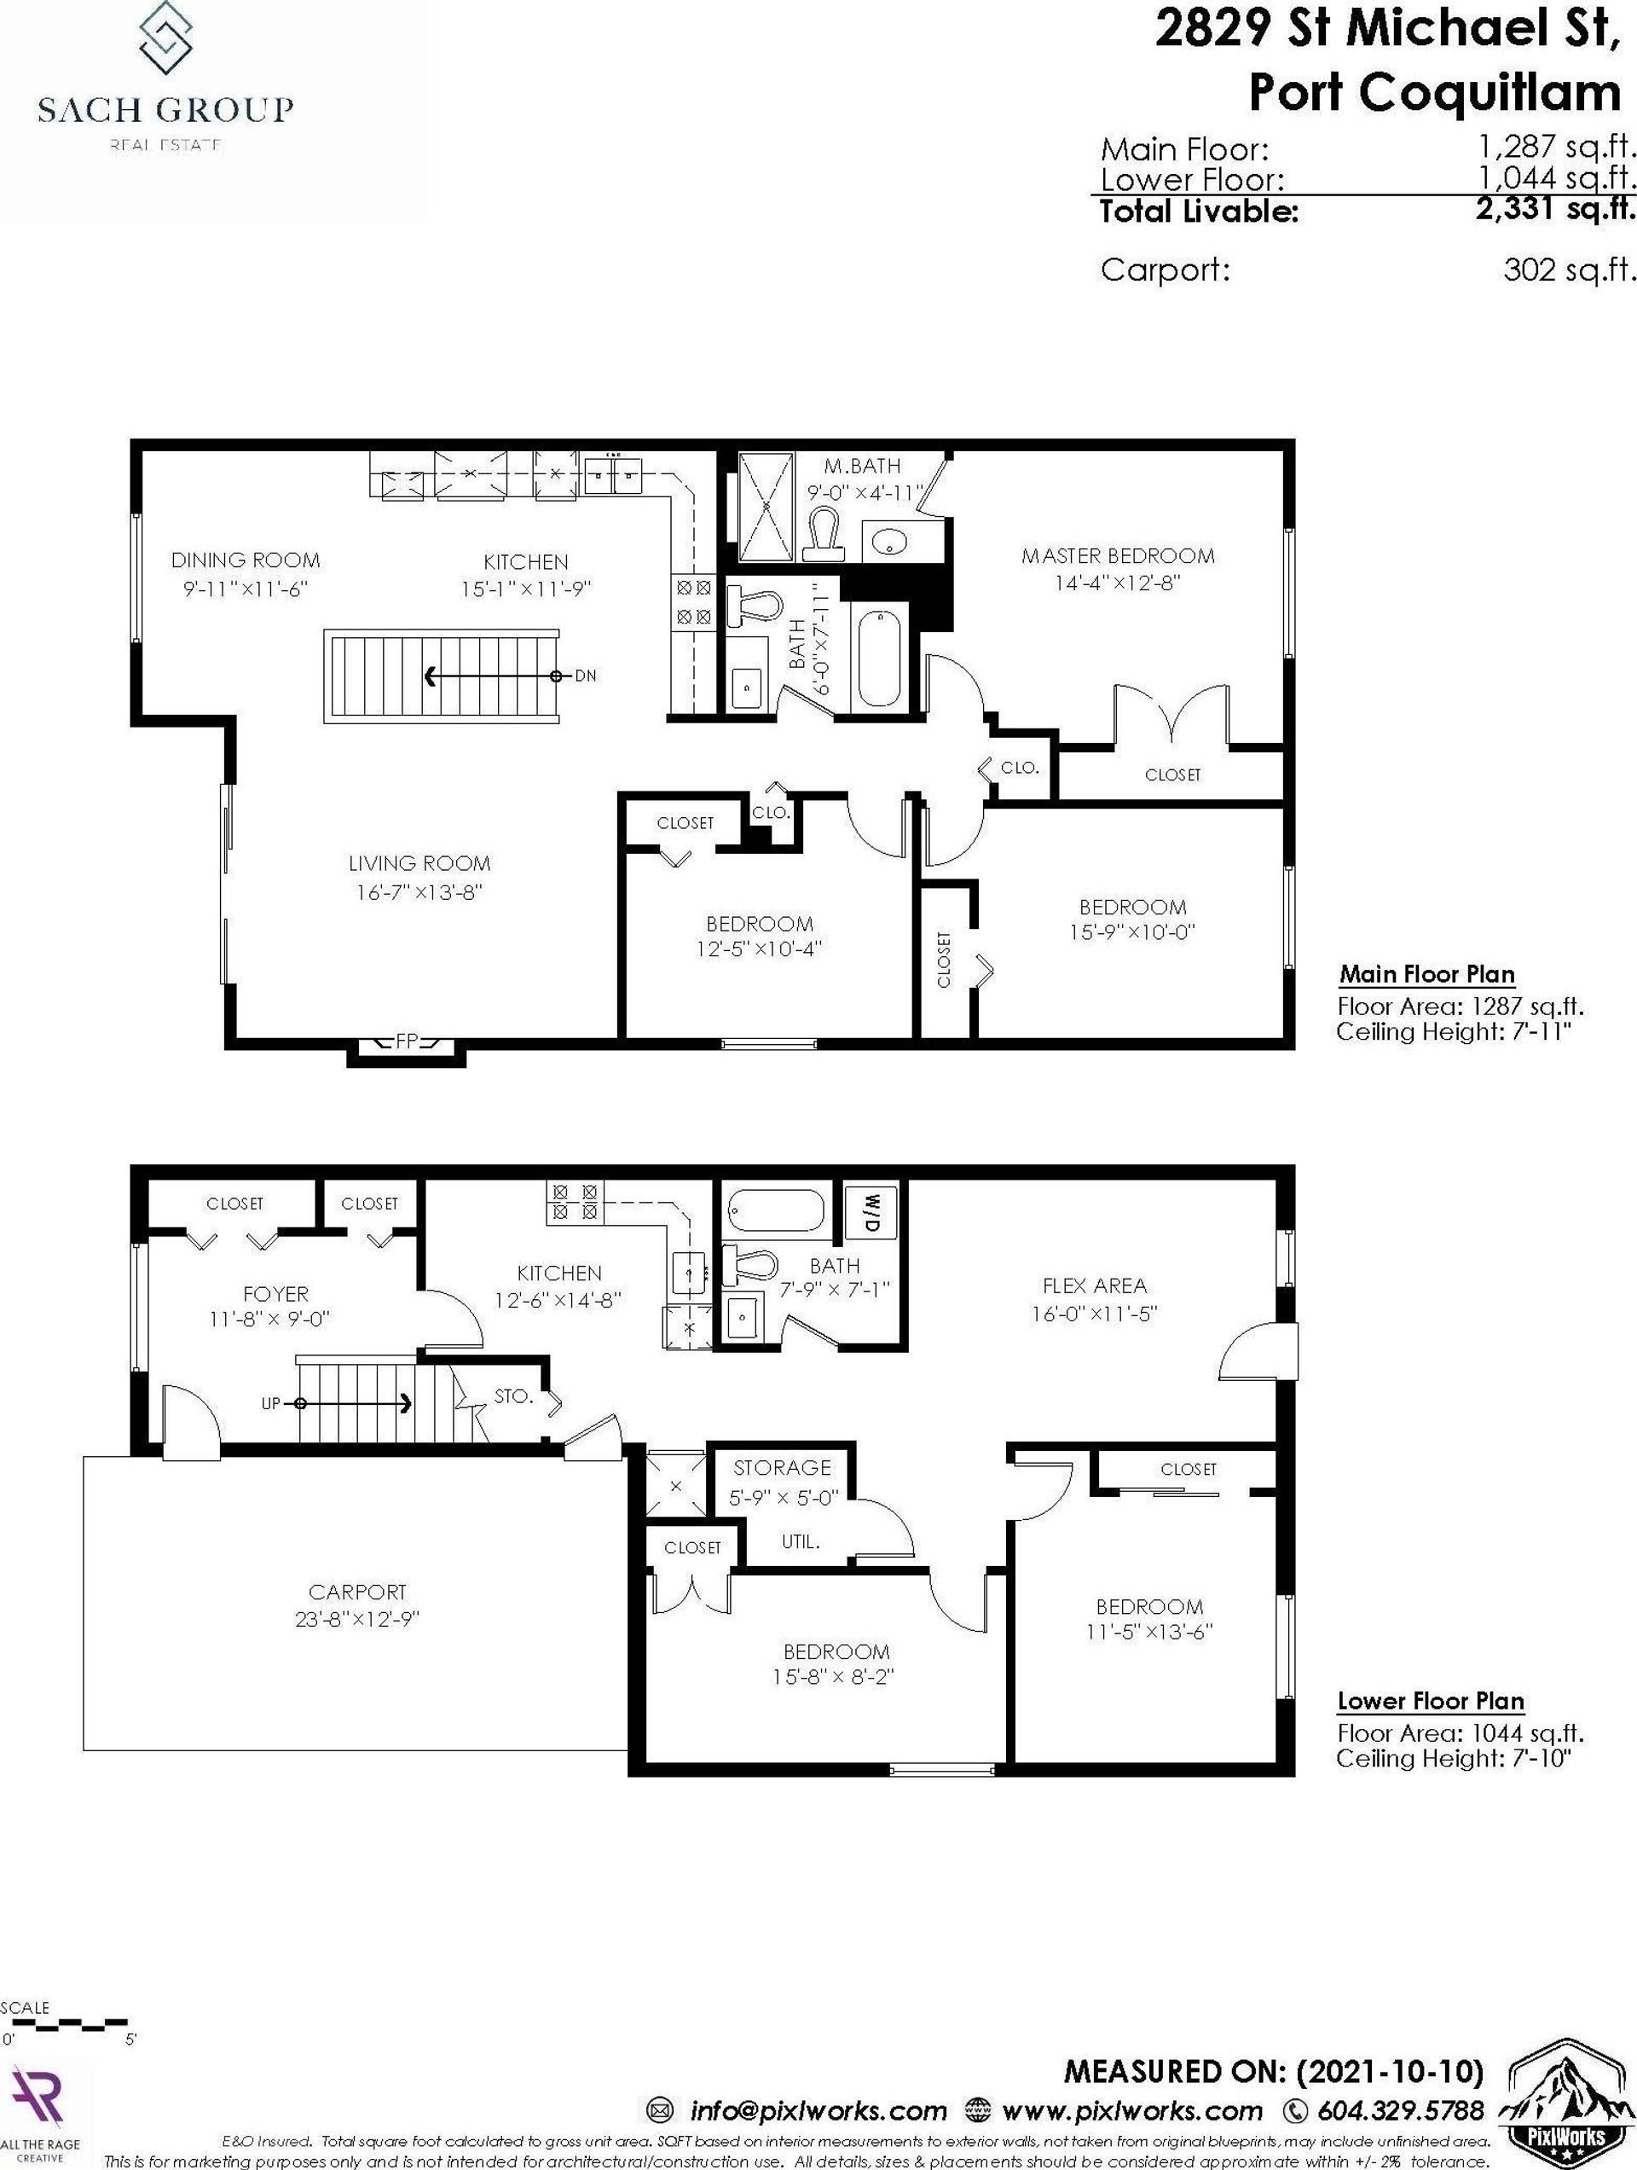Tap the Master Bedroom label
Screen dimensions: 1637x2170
click(x=1118, y=556)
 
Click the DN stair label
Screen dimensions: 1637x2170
click(x=586, y=676)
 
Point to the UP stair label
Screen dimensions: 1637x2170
click(x=272, y=1404)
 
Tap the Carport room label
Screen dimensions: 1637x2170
click(x=357, y=1593)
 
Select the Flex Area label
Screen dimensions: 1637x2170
click(x=1095, y=1285)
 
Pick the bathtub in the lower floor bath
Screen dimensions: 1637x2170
click(x=780, y=1210)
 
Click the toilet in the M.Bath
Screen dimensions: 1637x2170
click(x=824, y=534)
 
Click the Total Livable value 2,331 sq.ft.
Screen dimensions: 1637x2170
click(x=1557, y=209)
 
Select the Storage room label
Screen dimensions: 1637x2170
click(x=782, y=1468)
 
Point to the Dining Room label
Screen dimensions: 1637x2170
click(x=246, y=560)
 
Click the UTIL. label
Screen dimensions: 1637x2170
click(x=801, y=1542)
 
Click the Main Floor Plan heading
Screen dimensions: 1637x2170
click(x=1427, y=975)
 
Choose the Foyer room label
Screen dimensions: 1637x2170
click(x=275, y=1294)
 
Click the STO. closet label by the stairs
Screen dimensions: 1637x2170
click(x=513, y=1396)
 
